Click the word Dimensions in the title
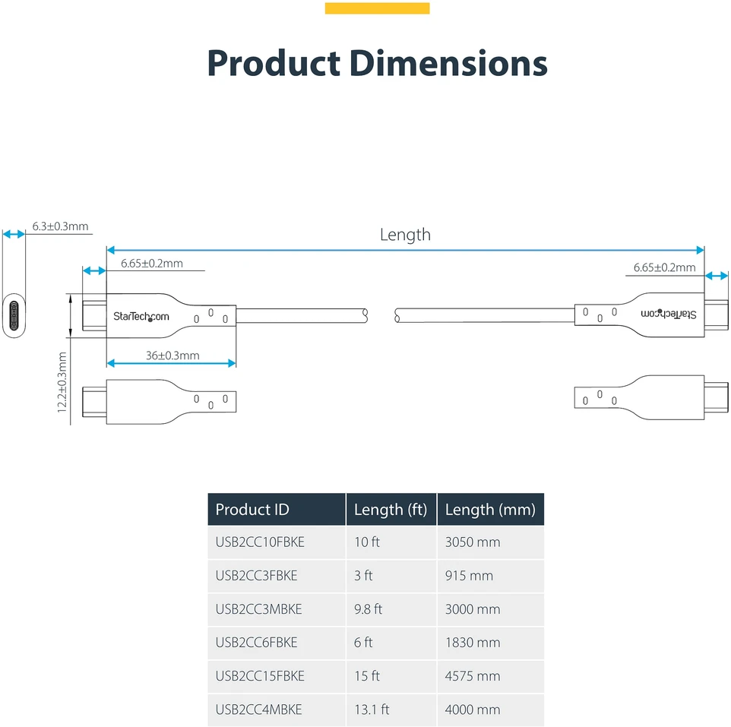(448, 63)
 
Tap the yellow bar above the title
(377, 8)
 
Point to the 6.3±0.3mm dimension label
(60, 226)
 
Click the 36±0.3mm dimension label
(172, 356)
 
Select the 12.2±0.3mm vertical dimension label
(62, 382)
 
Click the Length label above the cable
(405, 235)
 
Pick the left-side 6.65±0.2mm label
(151, 264)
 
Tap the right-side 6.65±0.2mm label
(664, 267)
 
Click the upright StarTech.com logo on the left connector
(141, 317)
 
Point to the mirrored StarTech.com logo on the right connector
(669, 314)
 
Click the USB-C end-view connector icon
(14, 315)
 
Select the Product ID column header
(252, 510)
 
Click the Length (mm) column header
(490, 510)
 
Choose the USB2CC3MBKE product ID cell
(259, 609)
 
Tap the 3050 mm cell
(473, 542)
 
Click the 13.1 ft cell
(372, 710)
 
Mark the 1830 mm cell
(473, 643)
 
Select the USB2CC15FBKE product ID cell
(260, 676)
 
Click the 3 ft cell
(363, 576)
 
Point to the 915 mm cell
(469, 576)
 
